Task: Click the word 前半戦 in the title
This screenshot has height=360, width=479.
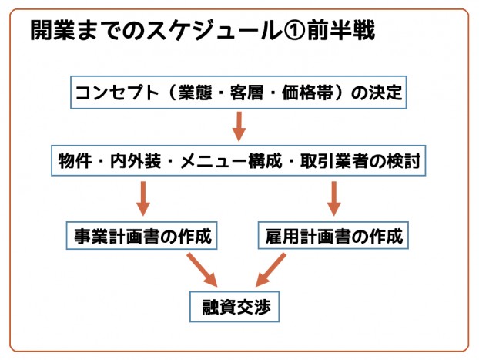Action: click(346, 32)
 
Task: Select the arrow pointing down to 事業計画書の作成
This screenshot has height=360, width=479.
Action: click(142, 198)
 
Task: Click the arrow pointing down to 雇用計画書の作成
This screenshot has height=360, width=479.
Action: click(334, 198)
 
